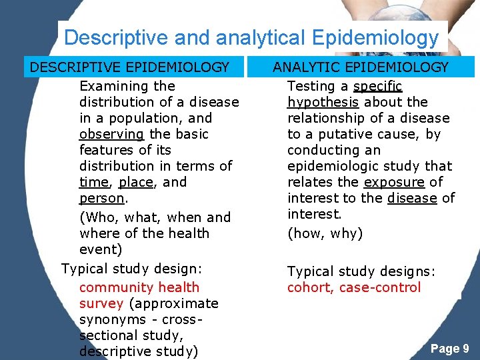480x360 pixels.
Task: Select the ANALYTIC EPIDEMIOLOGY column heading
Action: click(x=361, y=67)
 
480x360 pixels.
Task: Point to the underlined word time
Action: click(x=93, y=182)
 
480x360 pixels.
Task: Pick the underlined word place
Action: click(x=135, y=182)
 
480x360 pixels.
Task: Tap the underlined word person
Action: click(x=101, y=198)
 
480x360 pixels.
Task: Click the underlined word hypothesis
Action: click(x=323, y=102)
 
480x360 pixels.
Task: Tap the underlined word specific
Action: click(x=378, y=86)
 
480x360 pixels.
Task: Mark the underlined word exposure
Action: click(x=394, y=182)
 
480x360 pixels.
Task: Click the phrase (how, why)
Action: click(x=325, y=233)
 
